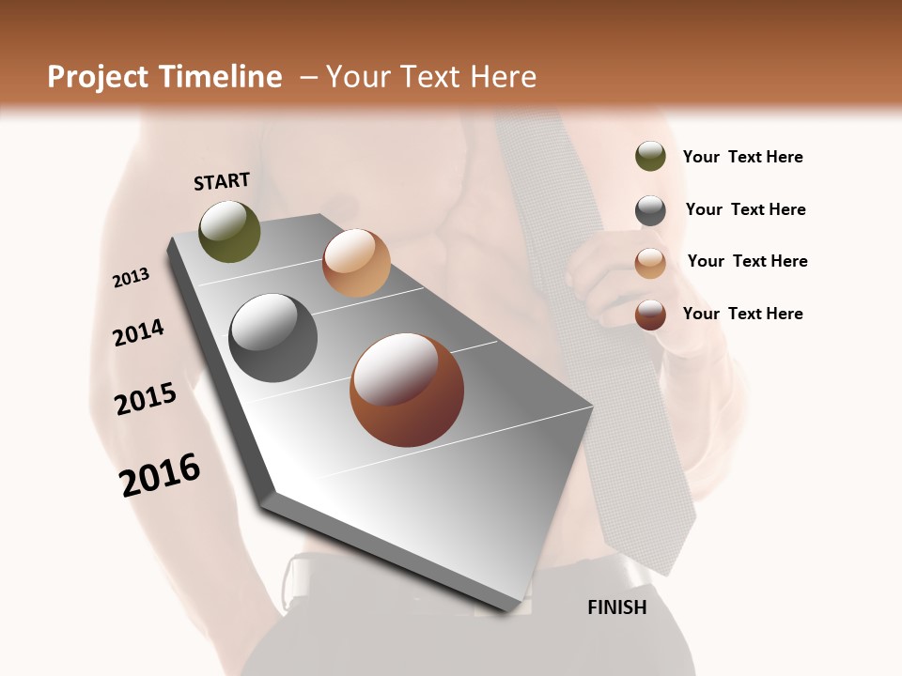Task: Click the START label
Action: pyautogui.click(x=222, y=181)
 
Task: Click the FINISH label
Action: pyautogui.click(x=616, y=607)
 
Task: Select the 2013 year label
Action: pyautogui.click(x=131, y=277)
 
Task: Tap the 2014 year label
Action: pyautogui.click(x=138, y=333)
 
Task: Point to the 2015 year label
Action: pyautogui.click(x=146, y=399)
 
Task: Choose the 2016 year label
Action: pyautogui.click(x=160, y=474)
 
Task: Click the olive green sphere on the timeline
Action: pyautogui.click(x=229, y=231)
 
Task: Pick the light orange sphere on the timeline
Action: pyautogui.click(x=356, y=263)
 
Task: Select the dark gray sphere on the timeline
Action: pyautogui.click(x=272, y=338)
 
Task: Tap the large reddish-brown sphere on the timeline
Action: pyautogui.click(x=407, y=390)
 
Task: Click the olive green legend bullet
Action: pyautogui.click(x=650, y=157)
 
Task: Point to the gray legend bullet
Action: pyautogui.click(x=650, y=210)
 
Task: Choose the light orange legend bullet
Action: pyautogui.click(x=650, y=262)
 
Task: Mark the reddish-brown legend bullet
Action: pyautogui.click(x=650, y=315)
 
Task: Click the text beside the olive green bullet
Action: pyautogui.click(x=742, y=157)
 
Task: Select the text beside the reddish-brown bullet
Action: pyautogui.click(x=742, y=314)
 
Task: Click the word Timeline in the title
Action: pyautogui.click(x=221, y=77)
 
